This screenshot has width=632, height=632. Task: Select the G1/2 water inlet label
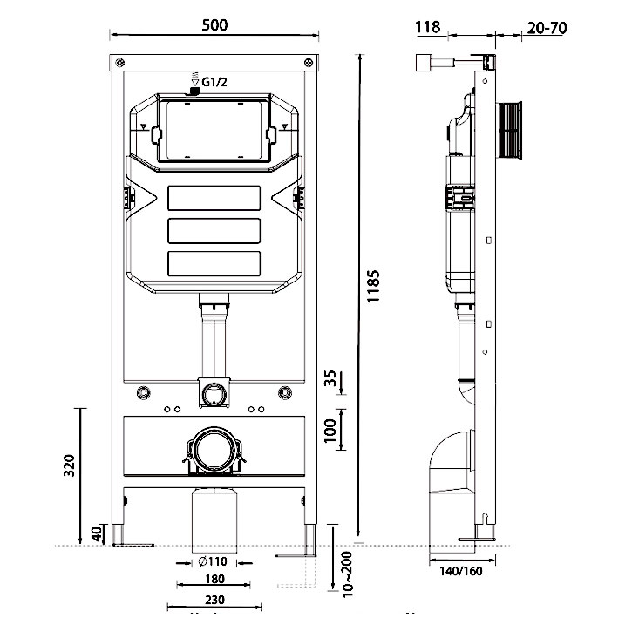tap(215, 83)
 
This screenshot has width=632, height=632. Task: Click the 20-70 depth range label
tap(547, 27)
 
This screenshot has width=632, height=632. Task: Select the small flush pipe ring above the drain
tap(212, 392)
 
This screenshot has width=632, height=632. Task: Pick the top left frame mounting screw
tap(119, 62)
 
